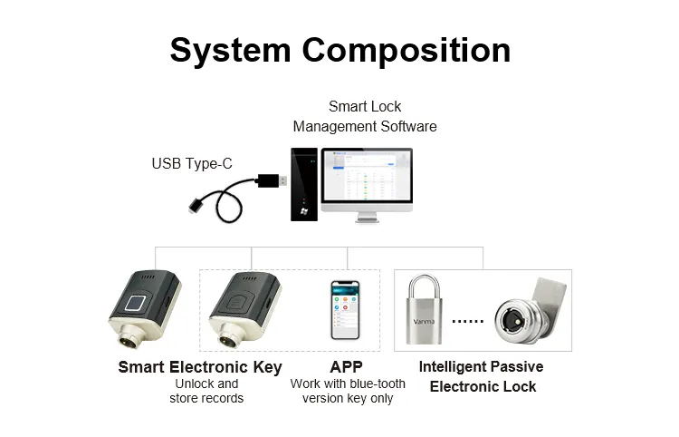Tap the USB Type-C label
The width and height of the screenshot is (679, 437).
click(192, 163)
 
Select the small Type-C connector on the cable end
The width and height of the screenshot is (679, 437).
click(195, 207)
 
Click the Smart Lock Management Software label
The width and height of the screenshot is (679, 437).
click(365, 116)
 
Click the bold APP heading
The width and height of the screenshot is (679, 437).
click(346, 367)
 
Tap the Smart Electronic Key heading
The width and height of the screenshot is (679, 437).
click(200, 367)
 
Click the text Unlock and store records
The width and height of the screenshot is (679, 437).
click(206, 391)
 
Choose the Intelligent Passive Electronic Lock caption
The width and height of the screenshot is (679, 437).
click(482, 376)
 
